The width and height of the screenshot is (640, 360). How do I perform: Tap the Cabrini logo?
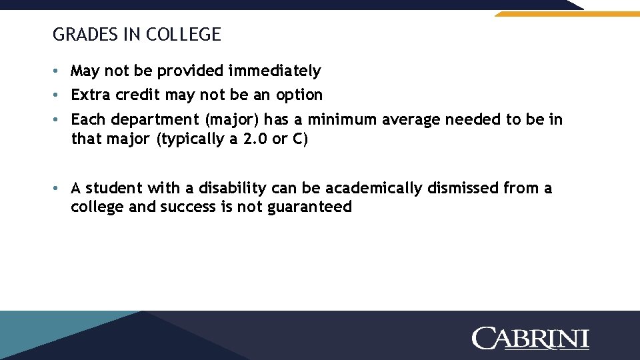(x=531, y=338)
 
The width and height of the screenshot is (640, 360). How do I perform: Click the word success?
(x=187, y=207)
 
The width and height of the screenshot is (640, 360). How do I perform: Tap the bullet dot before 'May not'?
(x=59, y=71)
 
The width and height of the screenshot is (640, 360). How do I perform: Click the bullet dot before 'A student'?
(x=59, y=189)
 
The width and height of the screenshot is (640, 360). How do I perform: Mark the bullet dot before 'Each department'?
(x=59, y=120)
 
